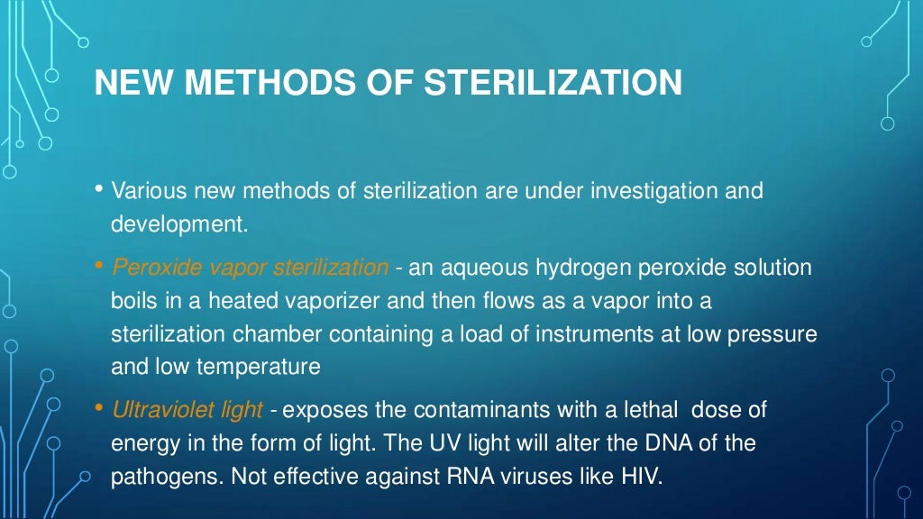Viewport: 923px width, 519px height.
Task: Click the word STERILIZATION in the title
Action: [x=553, y=84]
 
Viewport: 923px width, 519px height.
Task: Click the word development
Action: [x=178, y=224]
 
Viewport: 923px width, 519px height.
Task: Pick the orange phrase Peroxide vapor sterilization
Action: [x=251, y=267]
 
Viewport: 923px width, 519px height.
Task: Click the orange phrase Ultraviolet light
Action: [x=187, y=410]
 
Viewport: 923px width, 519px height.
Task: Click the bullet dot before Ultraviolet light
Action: [x=98, y=408]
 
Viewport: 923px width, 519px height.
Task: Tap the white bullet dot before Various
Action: [x=98, y=189]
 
